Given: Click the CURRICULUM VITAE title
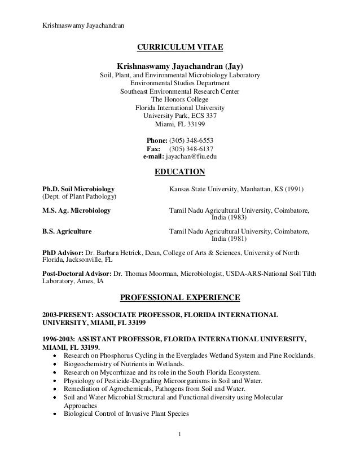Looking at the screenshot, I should [x=180, y=46].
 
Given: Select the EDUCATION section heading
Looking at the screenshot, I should [x=180, y=172].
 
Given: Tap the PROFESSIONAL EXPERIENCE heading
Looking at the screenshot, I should [x=180, y=297].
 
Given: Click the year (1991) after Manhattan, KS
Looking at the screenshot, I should [x=299, y=188].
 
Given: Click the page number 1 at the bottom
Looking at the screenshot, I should [x=179, y=451].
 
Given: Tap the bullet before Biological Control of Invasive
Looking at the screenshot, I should [x=54, y=414].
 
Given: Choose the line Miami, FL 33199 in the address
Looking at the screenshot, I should [x=180, y=125].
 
